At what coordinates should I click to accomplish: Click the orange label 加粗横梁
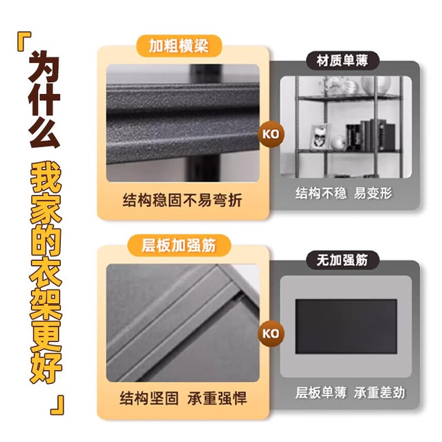pos(179,46)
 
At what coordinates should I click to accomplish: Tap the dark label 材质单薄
pos(343,61)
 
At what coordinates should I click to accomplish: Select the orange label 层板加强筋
pos(179,245)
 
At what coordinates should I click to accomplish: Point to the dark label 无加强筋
pos(343,260)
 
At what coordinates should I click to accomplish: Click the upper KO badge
pos(271,134)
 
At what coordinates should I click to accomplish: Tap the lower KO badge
pos(271,334)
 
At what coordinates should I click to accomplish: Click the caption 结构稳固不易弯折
pos(182,200)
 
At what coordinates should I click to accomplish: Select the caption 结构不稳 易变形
pos(344,193)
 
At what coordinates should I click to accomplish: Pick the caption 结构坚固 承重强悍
pos(183,398)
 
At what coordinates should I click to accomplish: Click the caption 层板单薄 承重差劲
pos(350,392)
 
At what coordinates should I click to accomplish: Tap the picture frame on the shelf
pos(320,137)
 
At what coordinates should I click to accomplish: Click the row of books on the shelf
pos(370,135)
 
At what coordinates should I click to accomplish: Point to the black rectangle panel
pos(346,327)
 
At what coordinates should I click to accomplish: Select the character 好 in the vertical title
pos(46,367)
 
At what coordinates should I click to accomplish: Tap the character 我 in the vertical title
pos(46,177)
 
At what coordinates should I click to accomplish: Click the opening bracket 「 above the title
pos(24,41)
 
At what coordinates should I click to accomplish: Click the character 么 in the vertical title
pos(44,133)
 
